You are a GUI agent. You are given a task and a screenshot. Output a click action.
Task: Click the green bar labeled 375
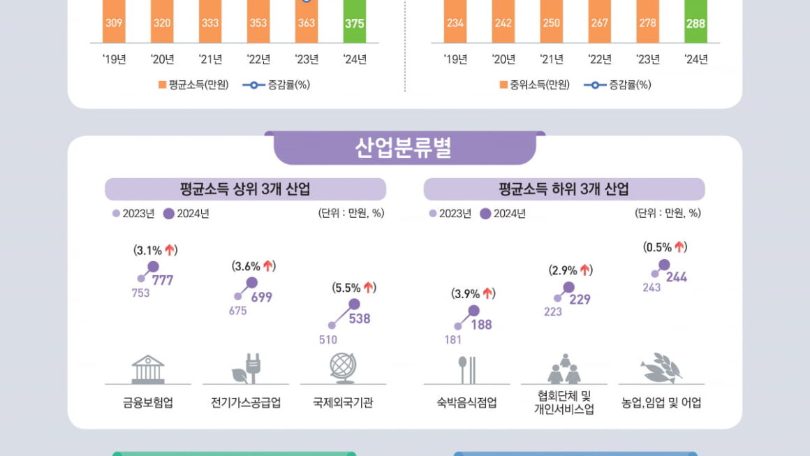tap(355, 22)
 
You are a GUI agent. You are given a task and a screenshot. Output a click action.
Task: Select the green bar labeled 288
tap(695, 22)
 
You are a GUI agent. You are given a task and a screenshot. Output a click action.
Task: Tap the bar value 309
tap(114, 23)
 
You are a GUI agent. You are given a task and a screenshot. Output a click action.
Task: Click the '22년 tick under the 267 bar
tap(599, 59)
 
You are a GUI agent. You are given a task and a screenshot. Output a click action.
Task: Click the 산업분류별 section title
tap(404, 148)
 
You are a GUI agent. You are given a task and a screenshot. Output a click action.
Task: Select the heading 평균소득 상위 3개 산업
tap(245, 189)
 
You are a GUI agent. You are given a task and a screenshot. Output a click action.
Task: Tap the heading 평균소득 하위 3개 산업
tap(564, 189)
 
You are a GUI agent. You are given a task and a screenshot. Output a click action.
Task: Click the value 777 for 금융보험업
tap(163, 281)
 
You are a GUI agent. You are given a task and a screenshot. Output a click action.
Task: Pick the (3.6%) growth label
tap(253, 266)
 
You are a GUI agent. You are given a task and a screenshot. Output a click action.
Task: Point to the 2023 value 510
tap(328, 340)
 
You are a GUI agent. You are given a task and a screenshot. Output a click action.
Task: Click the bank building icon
tap(148, 369)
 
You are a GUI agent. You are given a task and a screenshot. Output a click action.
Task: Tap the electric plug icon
tap(246, 369)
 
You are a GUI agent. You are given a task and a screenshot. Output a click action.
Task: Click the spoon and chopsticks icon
tap(466, 370)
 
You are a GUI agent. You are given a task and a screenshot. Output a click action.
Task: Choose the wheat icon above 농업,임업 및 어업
tap(661, 368)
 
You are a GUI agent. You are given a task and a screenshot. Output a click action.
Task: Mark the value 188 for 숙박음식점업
tap(481, 325)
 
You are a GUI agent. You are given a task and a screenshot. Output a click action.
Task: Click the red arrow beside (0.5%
tap(680, 247)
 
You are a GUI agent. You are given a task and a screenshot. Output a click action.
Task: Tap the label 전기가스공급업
tap(246, 404)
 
